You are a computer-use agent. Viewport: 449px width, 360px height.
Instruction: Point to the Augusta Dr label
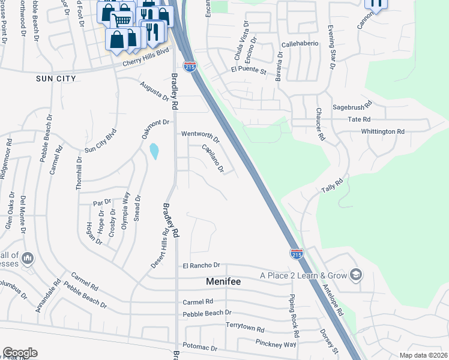(x=154, y=91)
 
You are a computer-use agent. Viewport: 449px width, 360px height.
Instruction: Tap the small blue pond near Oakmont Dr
(x=155, y=151)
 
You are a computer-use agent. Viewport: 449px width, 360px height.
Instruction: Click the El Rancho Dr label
(x=202, y=265)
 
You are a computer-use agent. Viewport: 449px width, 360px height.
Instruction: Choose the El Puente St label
(x=249, y=70)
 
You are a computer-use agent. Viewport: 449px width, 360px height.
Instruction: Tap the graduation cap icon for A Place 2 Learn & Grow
(x=356, y=274)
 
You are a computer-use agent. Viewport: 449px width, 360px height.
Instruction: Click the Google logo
(x=20, y=353)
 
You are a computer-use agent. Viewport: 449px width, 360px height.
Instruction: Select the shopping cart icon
(x=122, y=20)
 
